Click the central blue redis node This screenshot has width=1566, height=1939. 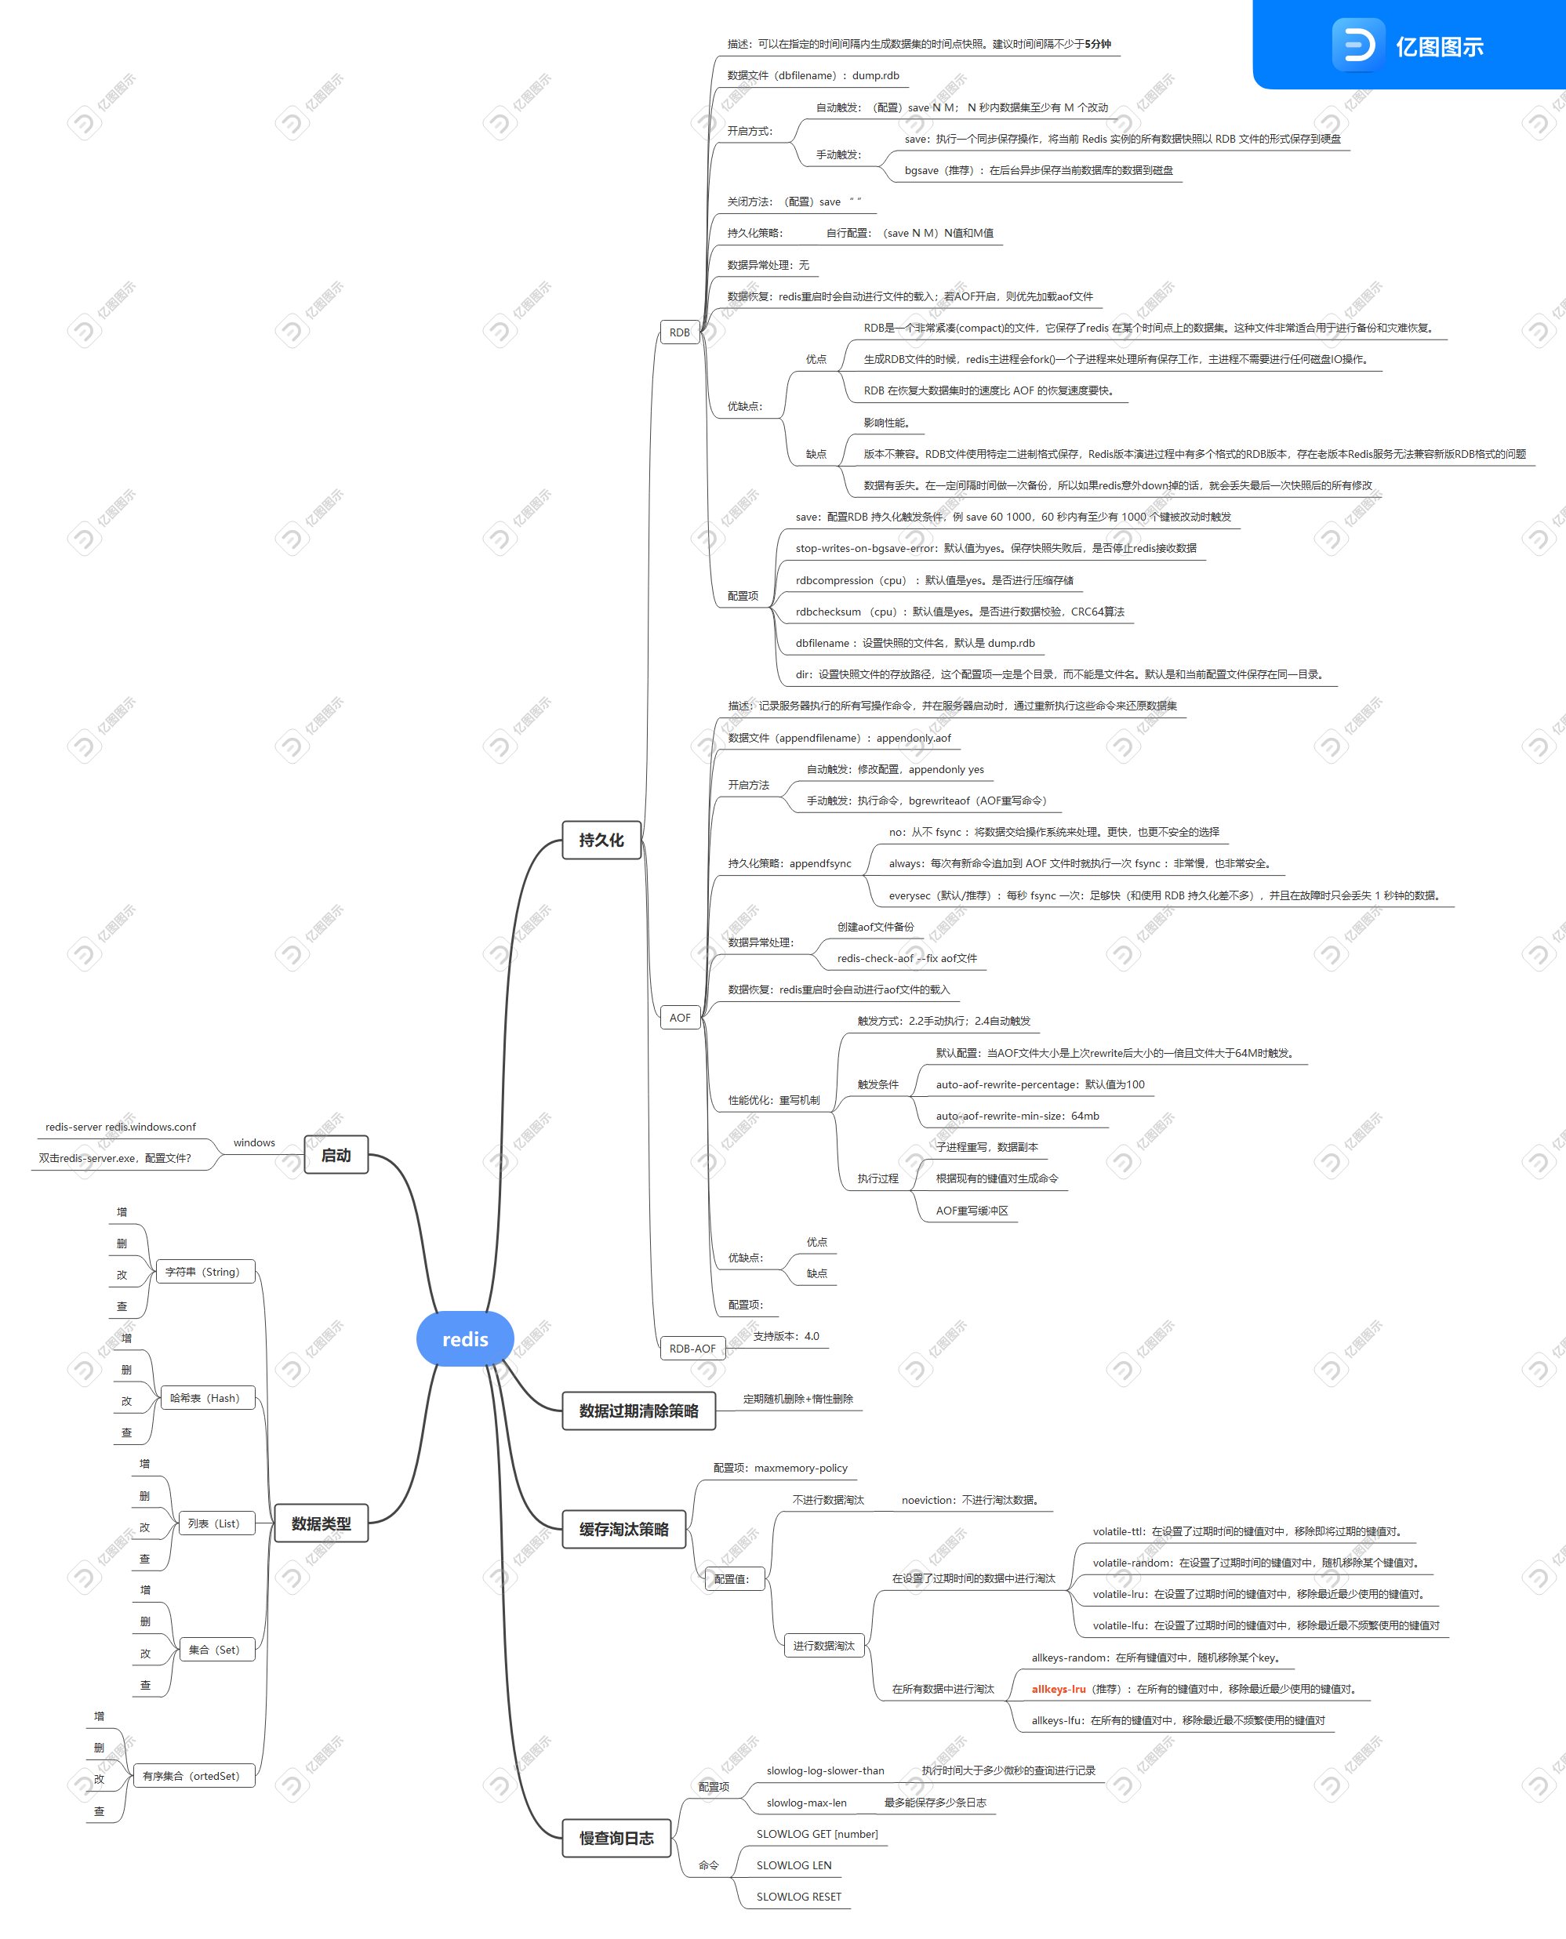tap(464, 1339)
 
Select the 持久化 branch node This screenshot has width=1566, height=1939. tap(601, 840)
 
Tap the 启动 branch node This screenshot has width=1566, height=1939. tap(336, 1154)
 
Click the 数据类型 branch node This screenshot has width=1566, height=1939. tap(322, 1523)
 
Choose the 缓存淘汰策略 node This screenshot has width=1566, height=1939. tap(623, 1529)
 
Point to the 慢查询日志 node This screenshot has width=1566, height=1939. tap(616, 1838)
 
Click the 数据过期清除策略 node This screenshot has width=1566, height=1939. tap(638, 1411)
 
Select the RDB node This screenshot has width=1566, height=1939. tap(679, 332)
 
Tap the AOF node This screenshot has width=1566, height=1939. tap(680, 1017)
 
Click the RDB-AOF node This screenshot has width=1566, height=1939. tap(692, 1349)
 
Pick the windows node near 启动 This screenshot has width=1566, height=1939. tap(254, 1142)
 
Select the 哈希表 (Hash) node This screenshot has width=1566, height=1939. tap(205, 1398)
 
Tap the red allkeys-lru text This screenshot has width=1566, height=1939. tap(1058, 1689)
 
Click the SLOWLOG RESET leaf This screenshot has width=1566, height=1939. tap(798, 1897)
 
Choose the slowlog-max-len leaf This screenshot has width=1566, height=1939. tap(806, 1802)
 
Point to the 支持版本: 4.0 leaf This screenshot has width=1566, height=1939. tap(786, 1335)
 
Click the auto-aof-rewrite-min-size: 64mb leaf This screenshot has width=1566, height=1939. tap(1018, 1116)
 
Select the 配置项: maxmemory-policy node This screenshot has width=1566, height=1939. tap(780, 1467)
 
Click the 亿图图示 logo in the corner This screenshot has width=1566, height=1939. tap(1409, 45)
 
